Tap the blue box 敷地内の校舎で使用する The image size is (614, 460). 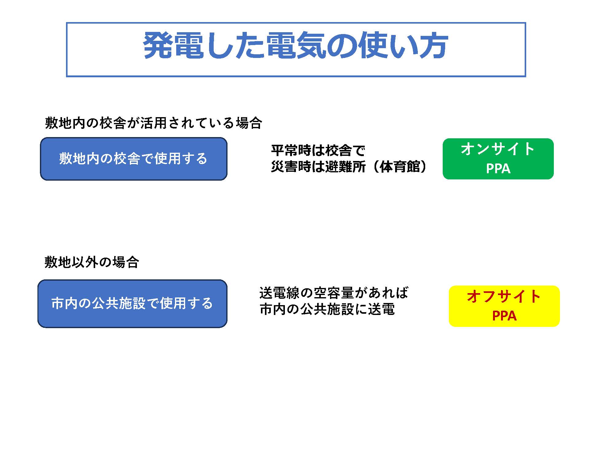134,159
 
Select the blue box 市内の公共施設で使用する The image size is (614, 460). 132,304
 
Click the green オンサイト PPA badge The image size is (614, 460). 498,159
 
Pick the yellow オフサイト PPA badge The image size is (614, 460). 504,306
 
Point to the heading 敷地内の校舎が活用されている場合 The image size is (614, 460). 153,123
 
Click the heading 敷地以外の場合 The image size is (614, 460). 92,262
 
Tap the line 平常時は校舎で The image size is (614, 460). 318,151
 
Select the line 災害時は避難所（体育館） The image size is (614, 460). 349,167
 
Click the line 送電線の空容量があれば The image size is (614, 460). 334,293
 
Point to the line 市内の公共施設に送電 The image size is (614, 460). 327,309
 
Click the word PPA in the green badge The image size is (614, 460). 498,168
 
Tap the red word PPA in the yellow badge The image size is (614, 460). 504,316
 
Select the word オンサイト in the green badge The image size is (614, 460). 498,149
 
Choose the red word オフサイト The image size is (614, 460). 504,297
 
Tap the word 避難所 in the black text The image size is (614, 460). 345,167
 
